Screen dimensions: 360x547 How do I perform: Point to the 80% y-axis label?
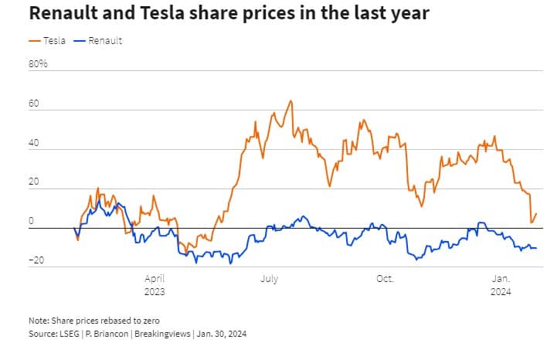(x=39, y=63)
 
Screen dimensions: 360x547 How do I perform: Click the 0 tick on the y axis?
(x=32, y=222)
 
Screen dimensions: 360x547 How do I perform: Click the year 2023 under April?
(x=155, y=292)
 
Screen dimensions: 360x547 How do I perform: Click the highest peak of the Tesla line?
(x=290, y=100)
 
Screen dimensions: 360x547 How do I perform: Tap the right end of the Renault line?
(x=536, y=248)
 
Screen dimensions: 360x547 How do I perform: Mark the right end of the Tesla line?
(x=536, y=214)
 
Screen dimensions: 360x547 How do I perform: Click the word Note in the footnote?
(x=38, y=320)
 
